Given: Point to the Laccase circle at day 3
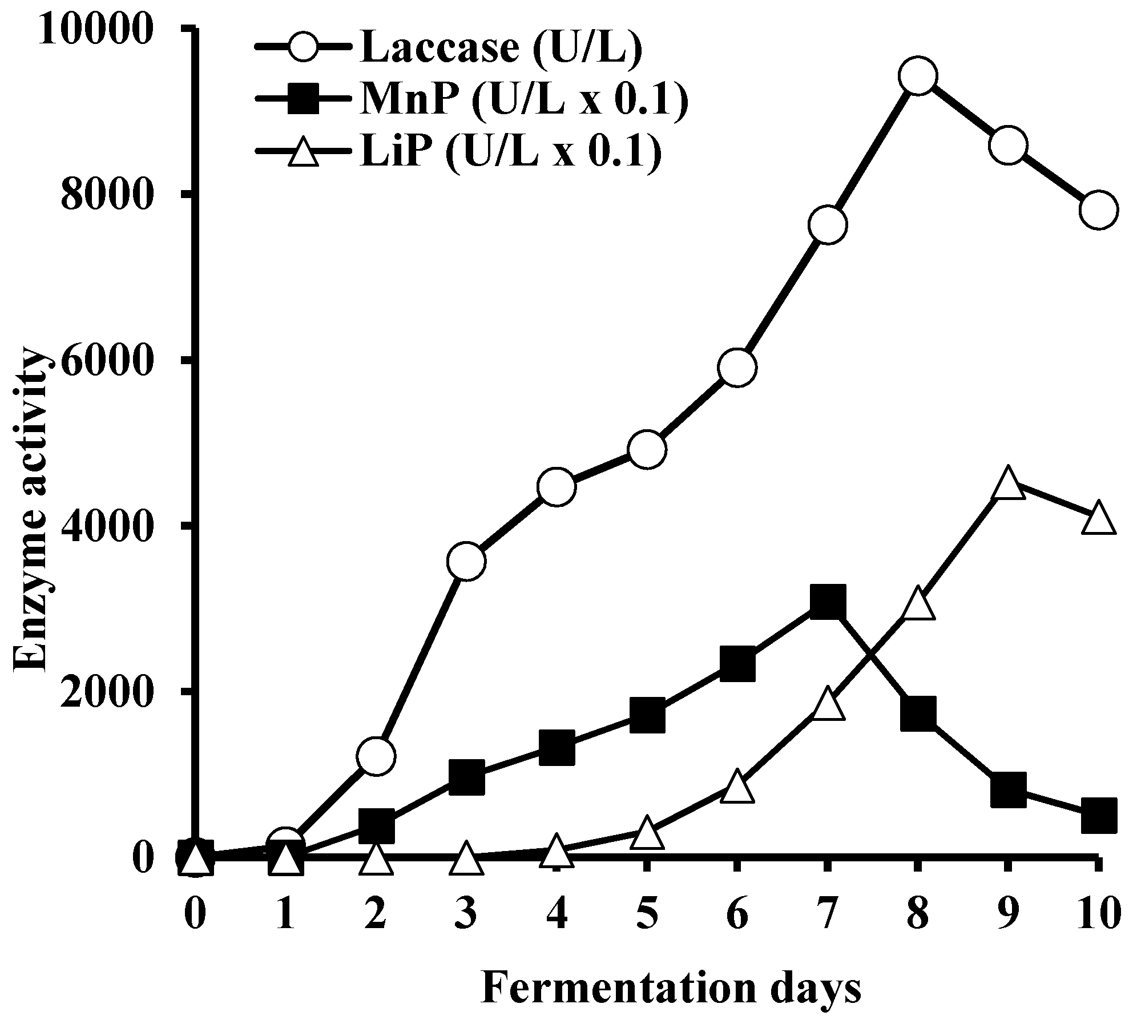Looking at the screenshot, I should (467, 561).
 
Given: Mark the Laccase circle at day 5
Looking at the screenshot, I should (647, 450).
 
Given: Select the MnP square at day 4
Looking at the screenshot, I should (557, 748).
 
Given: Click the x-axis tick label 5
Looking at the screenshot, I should (647, 912).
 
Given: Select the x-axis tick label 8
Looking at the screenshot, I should (918, 912).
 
